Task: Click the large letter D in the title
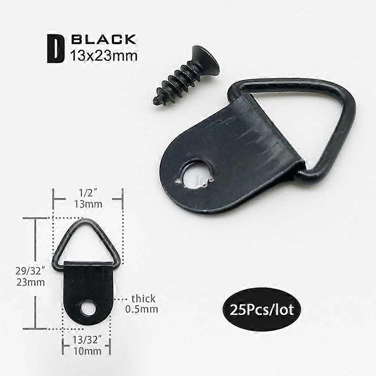click(x=56, y=49)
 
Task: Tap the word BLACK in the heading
click(x=103, y=39)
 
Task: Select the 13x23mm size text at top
click(x=103, y=56)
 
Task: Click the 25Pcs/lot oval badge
click(x=262, y=309)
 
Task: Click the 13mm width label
click(x=88, y=204)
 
